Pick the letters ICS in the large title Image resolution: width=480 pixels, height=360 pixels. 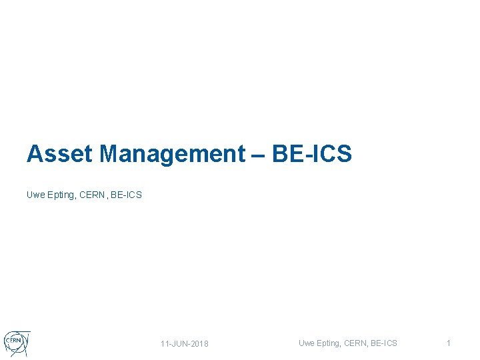click(331, 154)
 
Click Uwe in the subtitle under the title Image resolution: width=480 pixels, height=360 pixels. click(35, 195)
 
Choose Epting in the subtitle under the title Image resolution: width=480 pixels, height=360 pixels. click(61, 195)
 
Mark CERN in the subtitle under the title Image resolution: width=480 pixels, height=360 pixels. click(93, 195)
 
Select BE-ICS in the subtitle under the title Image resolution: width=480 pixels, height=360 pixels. click(127, 195)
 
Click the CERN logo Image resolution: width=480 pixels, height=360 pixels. click(16, 343)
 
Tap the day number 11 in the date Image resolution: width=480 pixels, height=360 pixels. click(165, 344)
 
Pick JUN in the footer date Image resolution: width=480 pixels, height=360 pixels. click(180, 344)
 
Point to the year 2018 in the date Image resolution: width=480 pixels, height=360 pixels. click(199, 344)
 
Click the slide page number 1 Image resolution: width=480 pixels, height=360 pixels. click(449, 343)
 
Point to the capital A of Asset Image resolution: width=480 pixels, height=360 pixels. click(34, 154)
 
